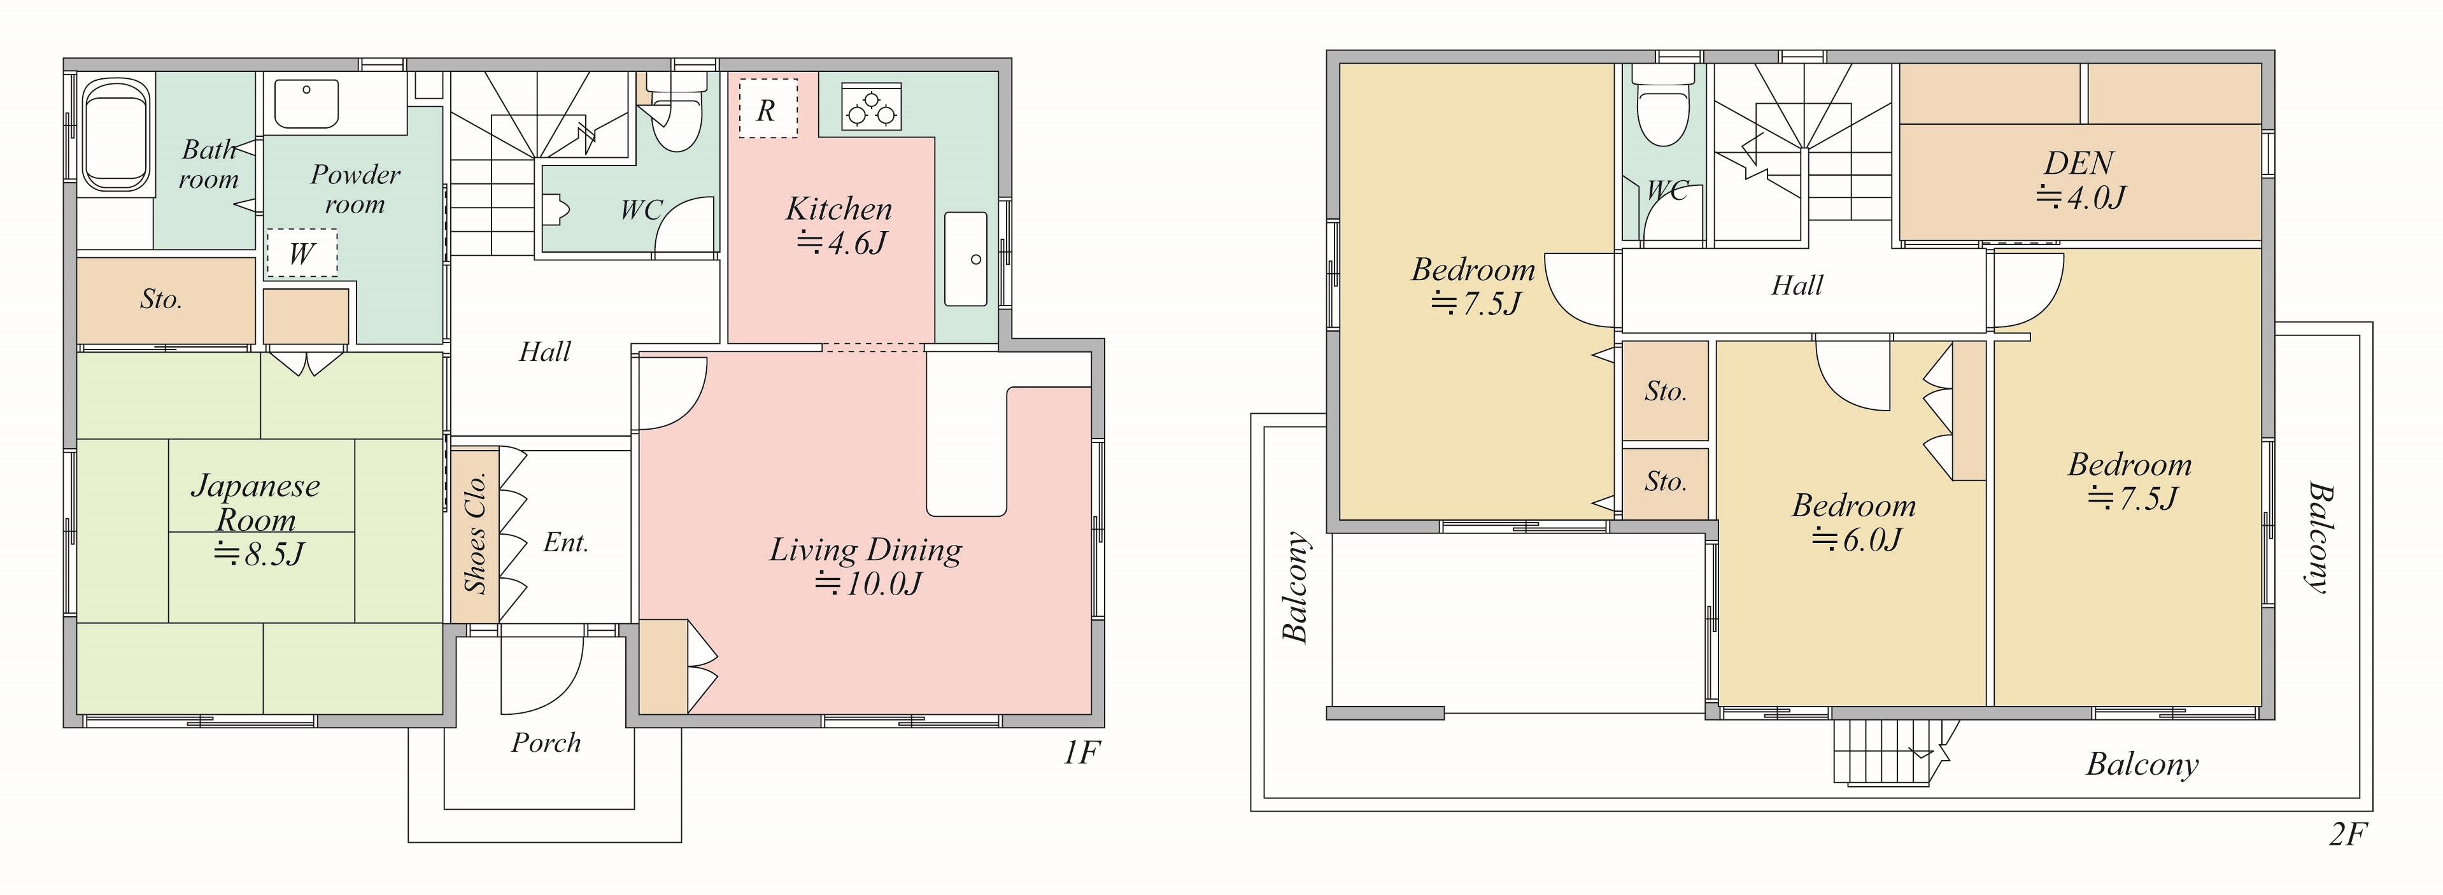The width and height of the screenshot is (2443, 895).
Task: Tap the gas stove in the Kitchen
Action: [x=870, y=106]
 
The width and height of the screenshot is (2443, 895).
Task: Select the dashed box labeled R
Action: [x=767, y=107]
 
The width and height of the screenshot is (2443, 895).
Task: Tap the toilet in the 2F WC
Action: [x=1664, y=104]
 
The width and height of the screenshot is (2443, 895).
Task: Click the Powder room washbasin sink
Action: [x=306, y=103]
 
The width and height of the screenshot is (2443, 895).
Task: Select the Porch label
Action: [x=545, y=742]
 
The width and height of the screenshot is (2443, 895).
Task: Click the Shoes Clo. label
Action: [x=475, y=533]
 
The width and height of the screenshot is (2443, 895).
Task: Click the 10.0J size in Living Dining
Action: [x=868, y=583]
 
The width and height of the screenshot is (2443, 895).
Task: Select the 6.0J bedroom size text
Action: [x=1856, y=539]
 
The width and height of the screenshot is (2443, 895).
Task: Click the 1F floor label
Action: [x=1080, y=753]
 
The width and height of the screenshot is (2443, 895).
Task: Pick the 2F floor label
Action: [x=2347, y=835]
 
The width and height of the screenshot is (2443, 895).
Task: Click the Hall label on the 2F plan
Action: [x=1797, y=285]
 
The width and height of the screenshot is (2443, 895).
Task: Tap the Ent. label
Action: [x=566, y=542]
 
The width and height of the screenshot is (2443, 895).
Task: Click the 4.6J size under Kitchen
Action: [x=841, y=244]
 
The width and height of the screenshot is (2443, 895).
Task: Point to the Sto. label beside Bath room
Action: [x=161, y=300]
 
